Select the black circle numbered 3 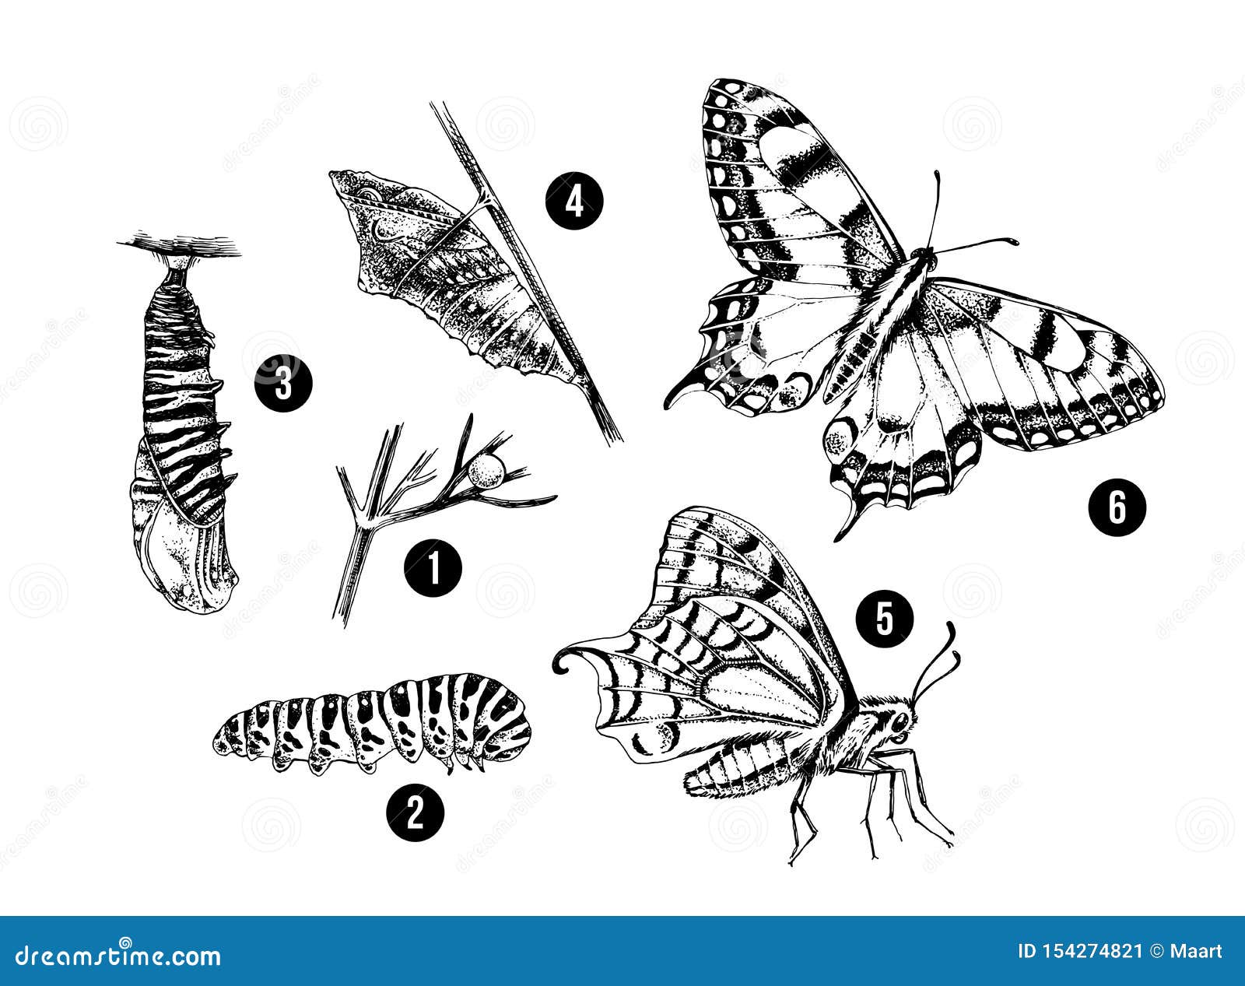tap(282, 384)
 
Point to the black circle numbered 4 tap(574, 201)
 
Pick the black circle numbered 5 tap(882, 618)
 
